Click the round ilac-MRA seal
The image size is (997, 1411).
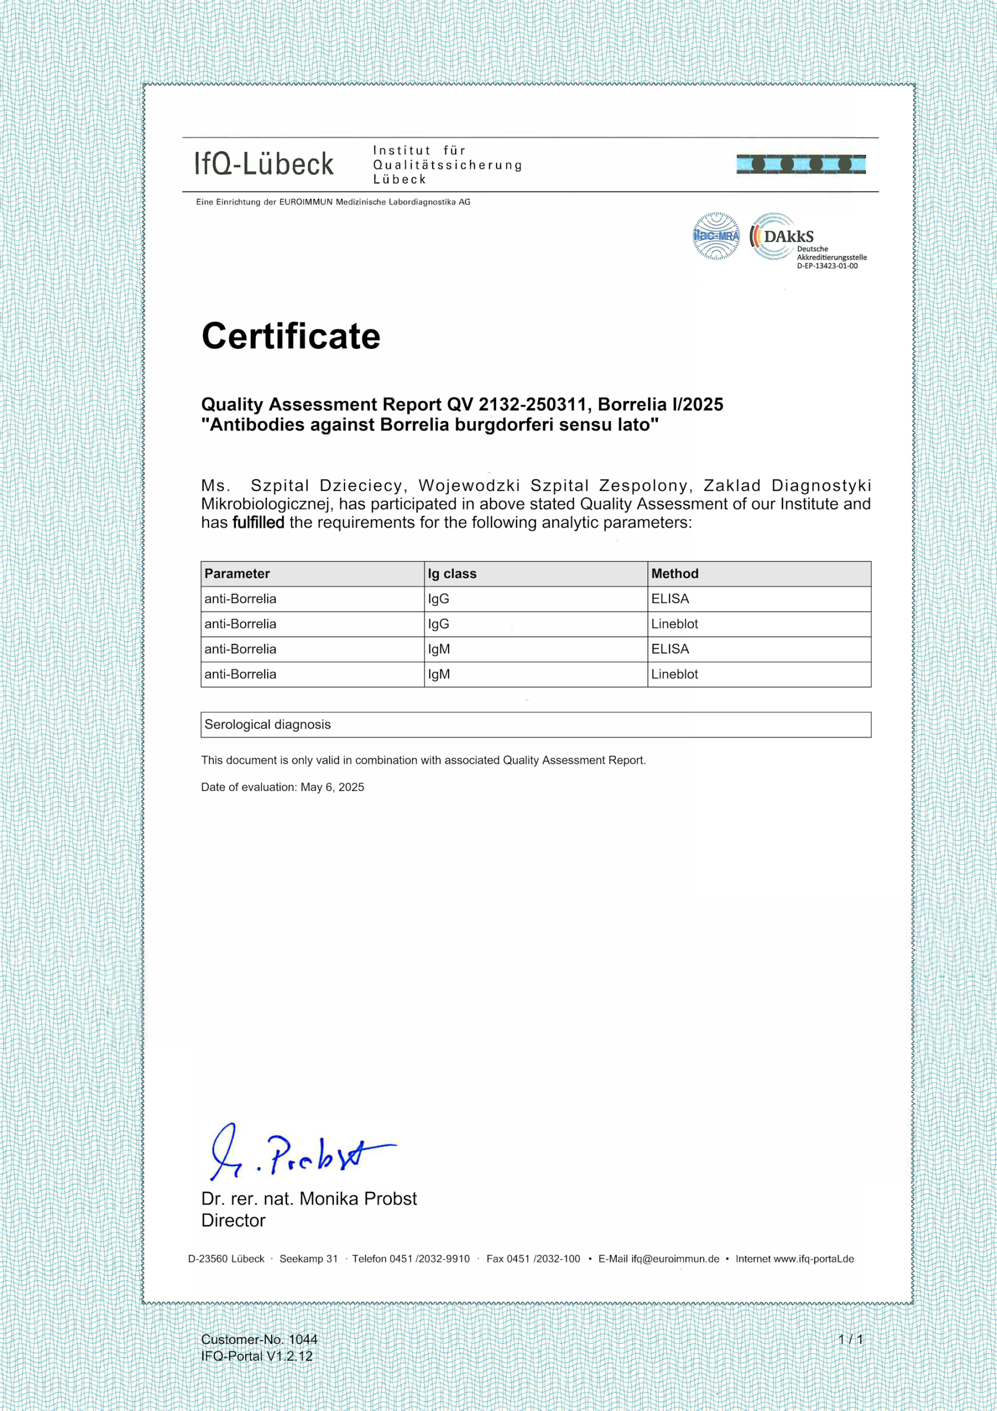[715, 236]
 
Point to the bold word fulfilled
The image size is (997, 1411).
[258, 523]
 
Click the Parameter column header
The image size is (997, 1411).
[238, 573]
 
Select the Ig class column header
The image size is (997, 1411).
[452, 573]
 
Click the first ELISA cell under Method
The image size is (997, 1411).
[670, 599]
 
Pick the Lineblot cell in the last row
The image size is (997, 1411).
[674, 674]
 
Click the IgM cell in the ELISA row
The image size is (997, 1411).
[438, 649]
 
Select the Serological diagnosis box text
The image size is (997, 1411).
[267, 725]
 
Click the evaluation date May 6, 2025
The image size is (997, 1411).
[332, 787]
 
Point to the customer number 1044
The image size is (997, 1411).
[303, 1339]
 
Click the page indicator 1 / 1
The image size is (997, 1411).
[851, 1339]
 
